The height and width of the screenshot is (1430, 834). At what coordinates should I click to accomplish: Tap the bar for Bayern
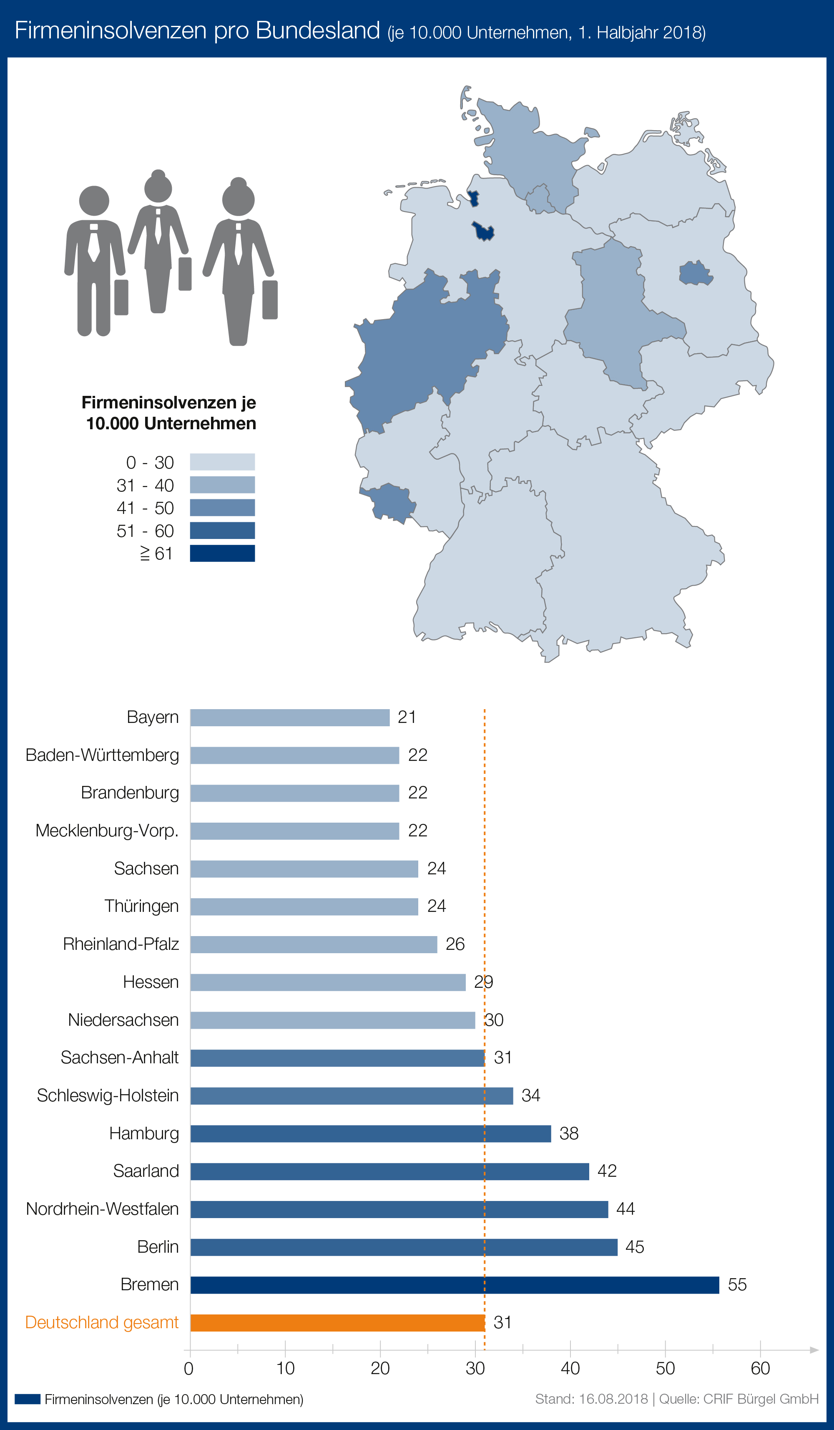289,717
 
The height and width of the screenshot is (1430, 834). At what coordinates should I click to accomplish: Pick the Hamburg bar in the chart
370,1133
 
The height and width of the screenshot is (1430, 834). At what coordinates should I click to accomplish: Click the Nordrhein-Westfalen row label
102,1208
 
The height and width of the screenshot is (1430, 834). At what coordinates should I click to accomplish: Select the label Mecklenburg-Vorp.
107,831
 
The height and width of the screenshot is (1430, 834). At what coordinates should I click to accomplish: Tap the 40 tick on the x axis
570,1368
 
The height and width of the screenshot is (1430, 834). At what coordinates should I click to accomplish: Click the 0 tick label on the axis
189,1369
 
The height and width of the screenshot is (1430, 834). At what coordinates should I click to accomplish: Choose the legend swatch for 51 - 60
222,531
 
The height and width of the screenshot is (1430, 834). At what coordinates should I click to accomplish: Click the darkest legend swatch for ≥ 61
222,553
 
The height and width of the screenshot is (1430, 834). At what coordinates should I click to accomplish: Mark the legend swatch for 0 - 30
222,462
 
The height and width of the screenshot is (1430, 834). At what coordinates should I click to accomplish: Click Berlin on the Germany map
695,274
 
